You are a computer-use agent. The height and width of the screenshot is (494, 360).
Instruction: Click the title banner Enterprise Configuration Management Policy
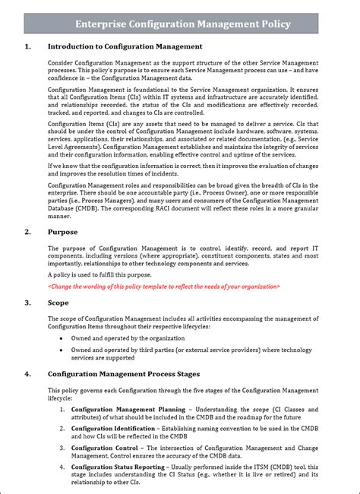[x=183, y=24]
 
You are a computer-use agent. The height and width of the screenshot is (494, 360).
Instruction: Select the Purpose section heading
[x=62, y=231]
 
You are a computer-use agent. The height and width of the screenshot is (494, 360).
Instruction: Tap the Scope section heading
[x=58, y=302]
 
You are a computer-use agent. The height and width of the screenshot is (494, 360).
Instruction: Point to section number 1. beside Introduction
[x=28, y=47]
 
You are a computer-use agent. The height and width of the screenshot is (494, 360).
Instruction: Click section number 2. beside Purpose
[x=28, y=231]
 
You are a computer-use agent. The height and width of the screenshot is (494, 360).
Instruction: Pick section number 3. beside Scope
[x=28, y=302]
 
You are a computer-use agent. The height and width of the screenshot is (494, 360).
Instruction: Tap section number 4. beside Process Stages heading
[x=28, y=374]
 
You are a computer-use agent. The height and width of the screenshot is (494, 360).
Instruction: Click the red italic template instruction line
[x=163, y=286]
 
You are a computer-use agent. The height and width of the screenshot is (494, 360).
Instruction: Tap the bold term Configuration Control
[x=103, y=448]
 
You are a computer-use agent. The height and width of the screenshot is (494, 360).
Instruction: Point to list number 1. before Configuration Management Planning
[x=62, y=409]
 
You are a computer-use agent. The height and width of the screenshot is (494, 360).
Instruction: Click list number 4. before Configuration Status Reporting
[x=62, y=468]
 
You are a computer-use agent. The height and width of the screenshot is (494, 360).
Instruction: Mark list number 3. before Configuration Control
[x=62, y=448]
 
